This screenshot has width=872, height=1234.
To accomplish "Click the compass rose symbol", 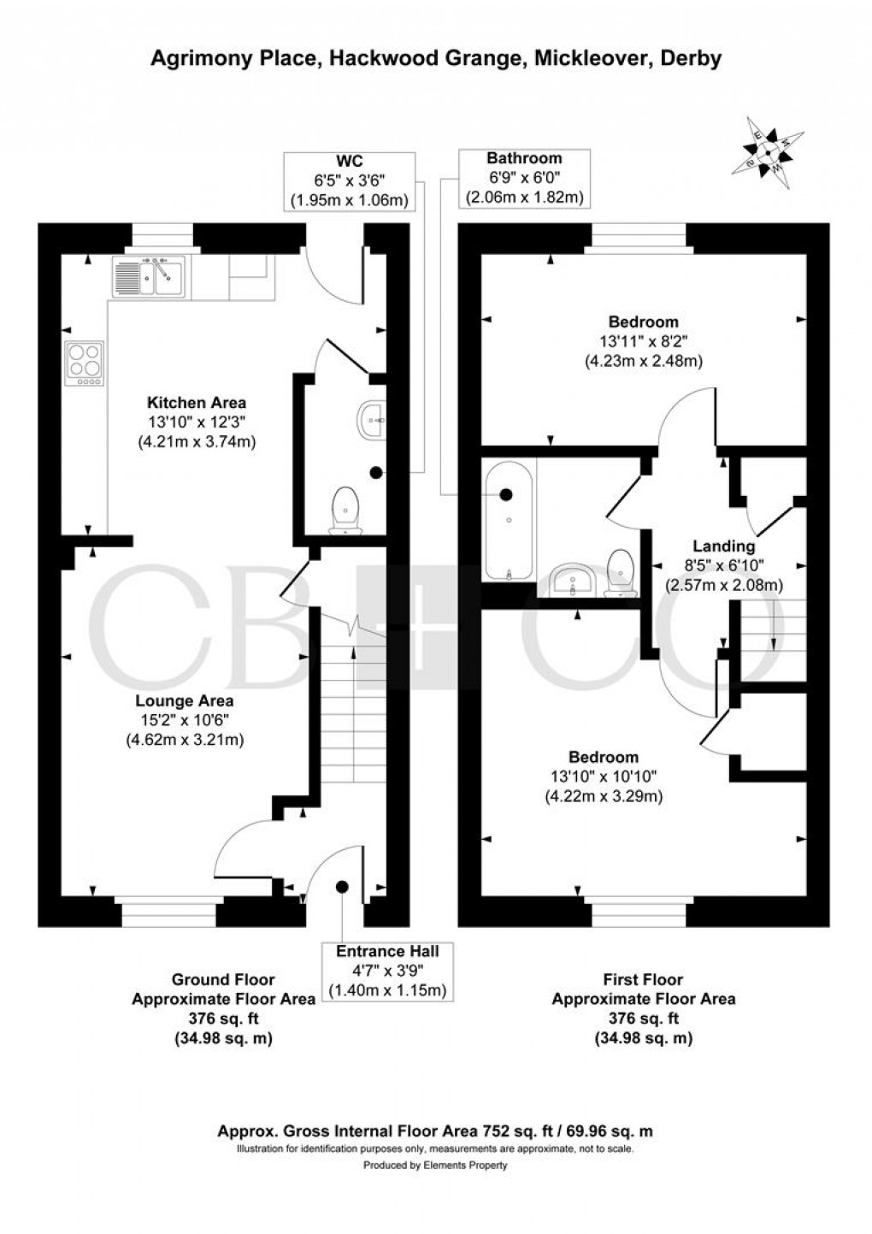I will pos(775,147).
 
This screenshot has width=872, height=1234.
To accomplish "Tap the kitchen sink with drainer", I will pos(148,276).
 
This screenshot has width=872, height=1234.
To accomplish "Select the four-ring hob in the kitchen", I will pos(84,363).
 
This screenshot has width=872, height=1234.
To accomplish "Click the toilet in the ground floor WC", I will pos(345,511).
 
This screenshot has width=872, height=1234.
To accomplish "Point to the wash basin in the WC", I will pos(371,420).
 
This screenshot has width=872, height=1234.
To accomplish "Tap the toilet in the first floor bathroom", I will pos(620,571).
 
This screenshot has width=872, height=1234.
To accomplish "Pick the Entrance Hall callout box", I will pos(387,971).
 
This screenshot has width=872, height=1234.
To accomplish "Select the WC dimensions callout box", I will pos(350,180).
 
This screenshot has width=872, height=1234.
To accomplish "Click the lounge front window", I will pos(168,912).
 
